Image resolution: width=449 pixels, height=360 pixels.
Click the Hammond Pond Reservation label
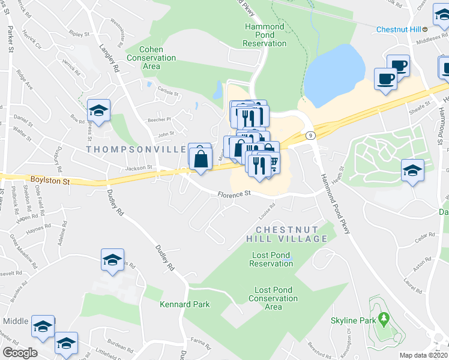[265, 35]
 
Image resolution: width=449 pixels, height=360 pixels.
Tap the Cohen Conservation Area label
[151, 58]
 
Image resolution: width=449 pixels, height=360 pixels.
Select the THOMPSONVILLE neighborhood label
[136, 149]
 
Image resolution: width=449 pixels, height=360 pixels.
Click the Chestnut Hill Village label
[292, 234]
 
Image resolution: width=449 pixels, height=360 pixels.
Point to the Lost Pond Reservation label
[271, 259]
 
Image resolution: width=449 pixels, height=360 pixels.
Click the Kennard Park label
[185, 304]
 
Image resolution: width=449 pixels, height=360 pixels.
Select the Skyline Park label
[352, 320]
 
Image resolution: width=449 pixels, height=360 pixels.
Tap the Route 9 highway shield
[309, 136]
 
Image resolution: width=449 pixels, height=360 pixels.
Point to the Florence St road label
[233, 194]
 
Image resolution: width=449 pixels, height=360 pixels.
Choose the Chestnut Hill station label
[399, 29]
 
